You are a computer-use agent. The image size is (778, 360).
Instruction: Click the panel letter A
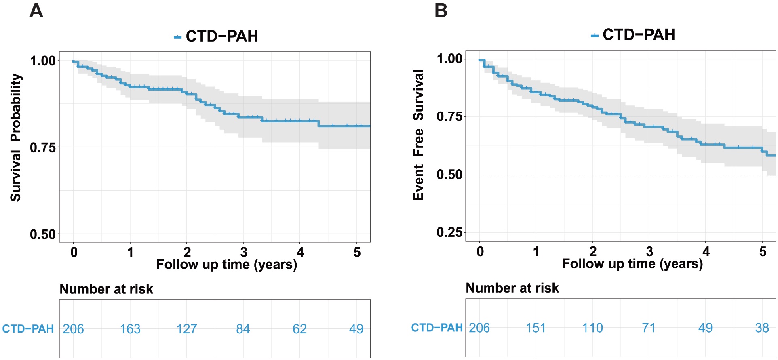click(x=36, y=11)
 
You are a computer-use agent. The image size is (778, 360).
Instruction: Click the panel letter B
click(x=441, y=11)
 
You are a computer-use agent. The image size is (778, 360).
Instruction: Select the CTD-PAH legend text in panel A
click(x=221, y=36)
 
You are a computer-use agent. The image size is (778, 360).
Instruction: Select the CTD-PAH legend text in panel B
click(x=639, y=35)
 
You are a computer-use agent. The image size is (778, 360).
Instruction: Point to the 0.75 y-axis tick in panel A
click(x=42, y=147)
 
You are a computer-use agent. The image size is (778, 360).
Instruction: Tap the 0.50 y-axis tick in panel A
click(x=42, y=234)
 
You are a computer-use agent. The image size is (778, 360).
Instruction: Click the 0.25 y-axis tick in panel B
click(x=449, y=232)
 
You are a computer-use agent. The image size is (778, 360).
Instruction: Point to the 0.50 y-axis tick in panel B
click(x=449, y=175)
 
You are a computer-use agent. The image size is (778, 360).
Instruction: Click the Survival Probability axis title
click(x=16, y=137)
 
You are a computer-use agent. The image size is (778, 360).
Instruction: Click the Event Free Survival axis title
click(x=418, y=135)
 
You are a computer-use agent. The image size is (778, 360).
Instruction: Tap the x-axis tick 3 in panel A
click(x=244, y=252)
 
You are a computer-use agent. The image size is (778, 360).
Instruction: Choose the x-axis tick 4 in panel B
click(x=706, y=251)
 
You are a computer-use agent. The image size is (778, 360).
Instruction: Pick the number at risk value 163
click(x=130, y=329)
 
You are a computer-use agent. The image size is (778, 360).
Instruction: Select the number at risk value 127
click(x=187, y=329)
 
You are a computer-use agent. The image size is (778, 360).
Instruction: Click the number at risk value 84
click(x=243, y=329)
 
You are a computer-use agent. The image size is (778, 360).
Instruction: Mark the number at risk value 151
click(x=536, y=328)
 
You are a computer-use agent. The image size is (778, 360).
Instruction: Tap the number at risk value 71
click(x=649, y=328)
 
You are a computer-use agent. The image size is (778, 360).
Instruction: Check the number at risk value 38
click(x=762, y=328)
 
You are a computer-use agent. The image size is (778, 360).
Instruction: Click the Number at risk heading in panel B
click(x=512, y=288)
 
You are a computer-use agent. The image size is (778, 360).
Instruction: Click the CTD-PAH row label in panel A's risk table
click(x=28, y=329)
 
